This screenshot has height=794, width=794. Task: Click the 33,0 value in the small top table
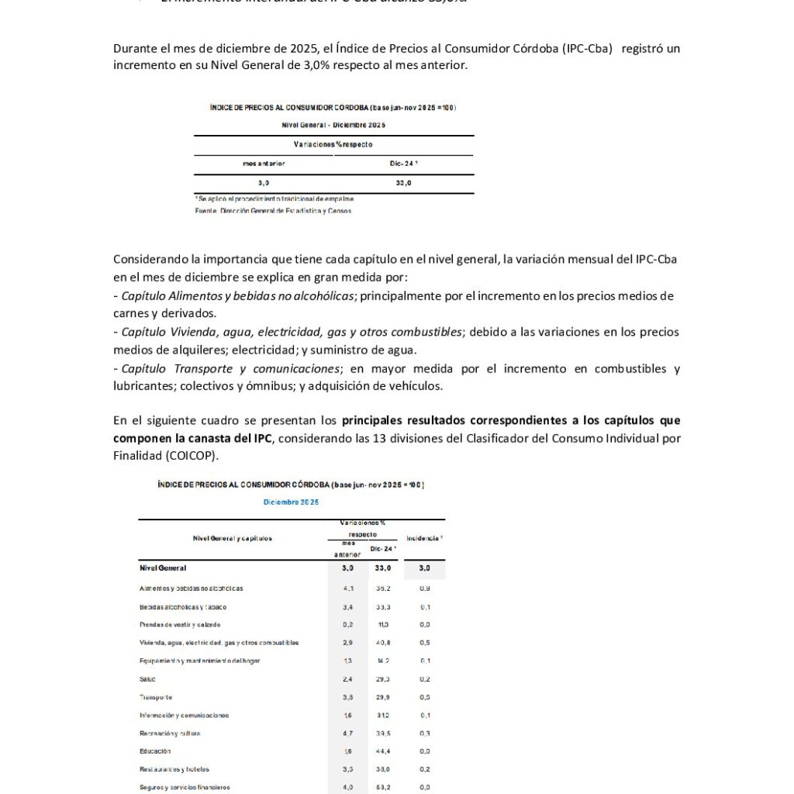403,182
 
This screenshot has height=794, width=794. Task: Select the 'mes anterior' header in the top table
264,164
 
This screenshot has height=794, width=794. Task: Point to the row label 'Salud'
147,679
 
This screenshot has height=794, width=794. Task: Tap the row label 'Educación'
155,751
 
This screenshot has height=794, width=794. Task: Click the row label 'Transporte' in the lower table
157,697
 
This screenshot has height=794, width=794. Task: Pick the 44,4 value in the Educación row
380,751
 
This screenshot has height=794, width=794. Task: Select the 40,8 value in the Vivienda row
380,643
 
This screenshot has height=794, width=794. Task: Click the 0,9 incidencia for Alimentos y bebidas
425,589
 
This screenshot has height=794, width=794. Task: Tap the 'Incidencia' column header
424,537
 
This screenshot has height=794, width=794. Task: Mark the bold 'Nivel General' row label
163,568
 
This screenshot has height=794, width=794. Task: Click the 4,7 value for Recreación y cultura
348,734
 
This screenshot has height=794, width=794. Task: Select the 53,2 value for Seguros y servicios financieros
380,788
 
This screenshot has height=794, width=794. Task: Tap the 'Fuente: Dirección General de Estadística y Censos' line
273,211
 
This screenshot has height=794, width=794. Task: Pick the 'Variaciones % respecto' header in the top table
333,145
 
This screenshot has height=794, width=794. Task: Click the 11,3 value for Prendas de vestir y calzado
380,625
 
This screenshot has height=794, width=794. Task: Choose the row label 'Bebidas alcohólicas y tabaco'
183,607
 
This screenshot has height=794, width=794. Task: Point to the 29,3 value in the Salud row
380,679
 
